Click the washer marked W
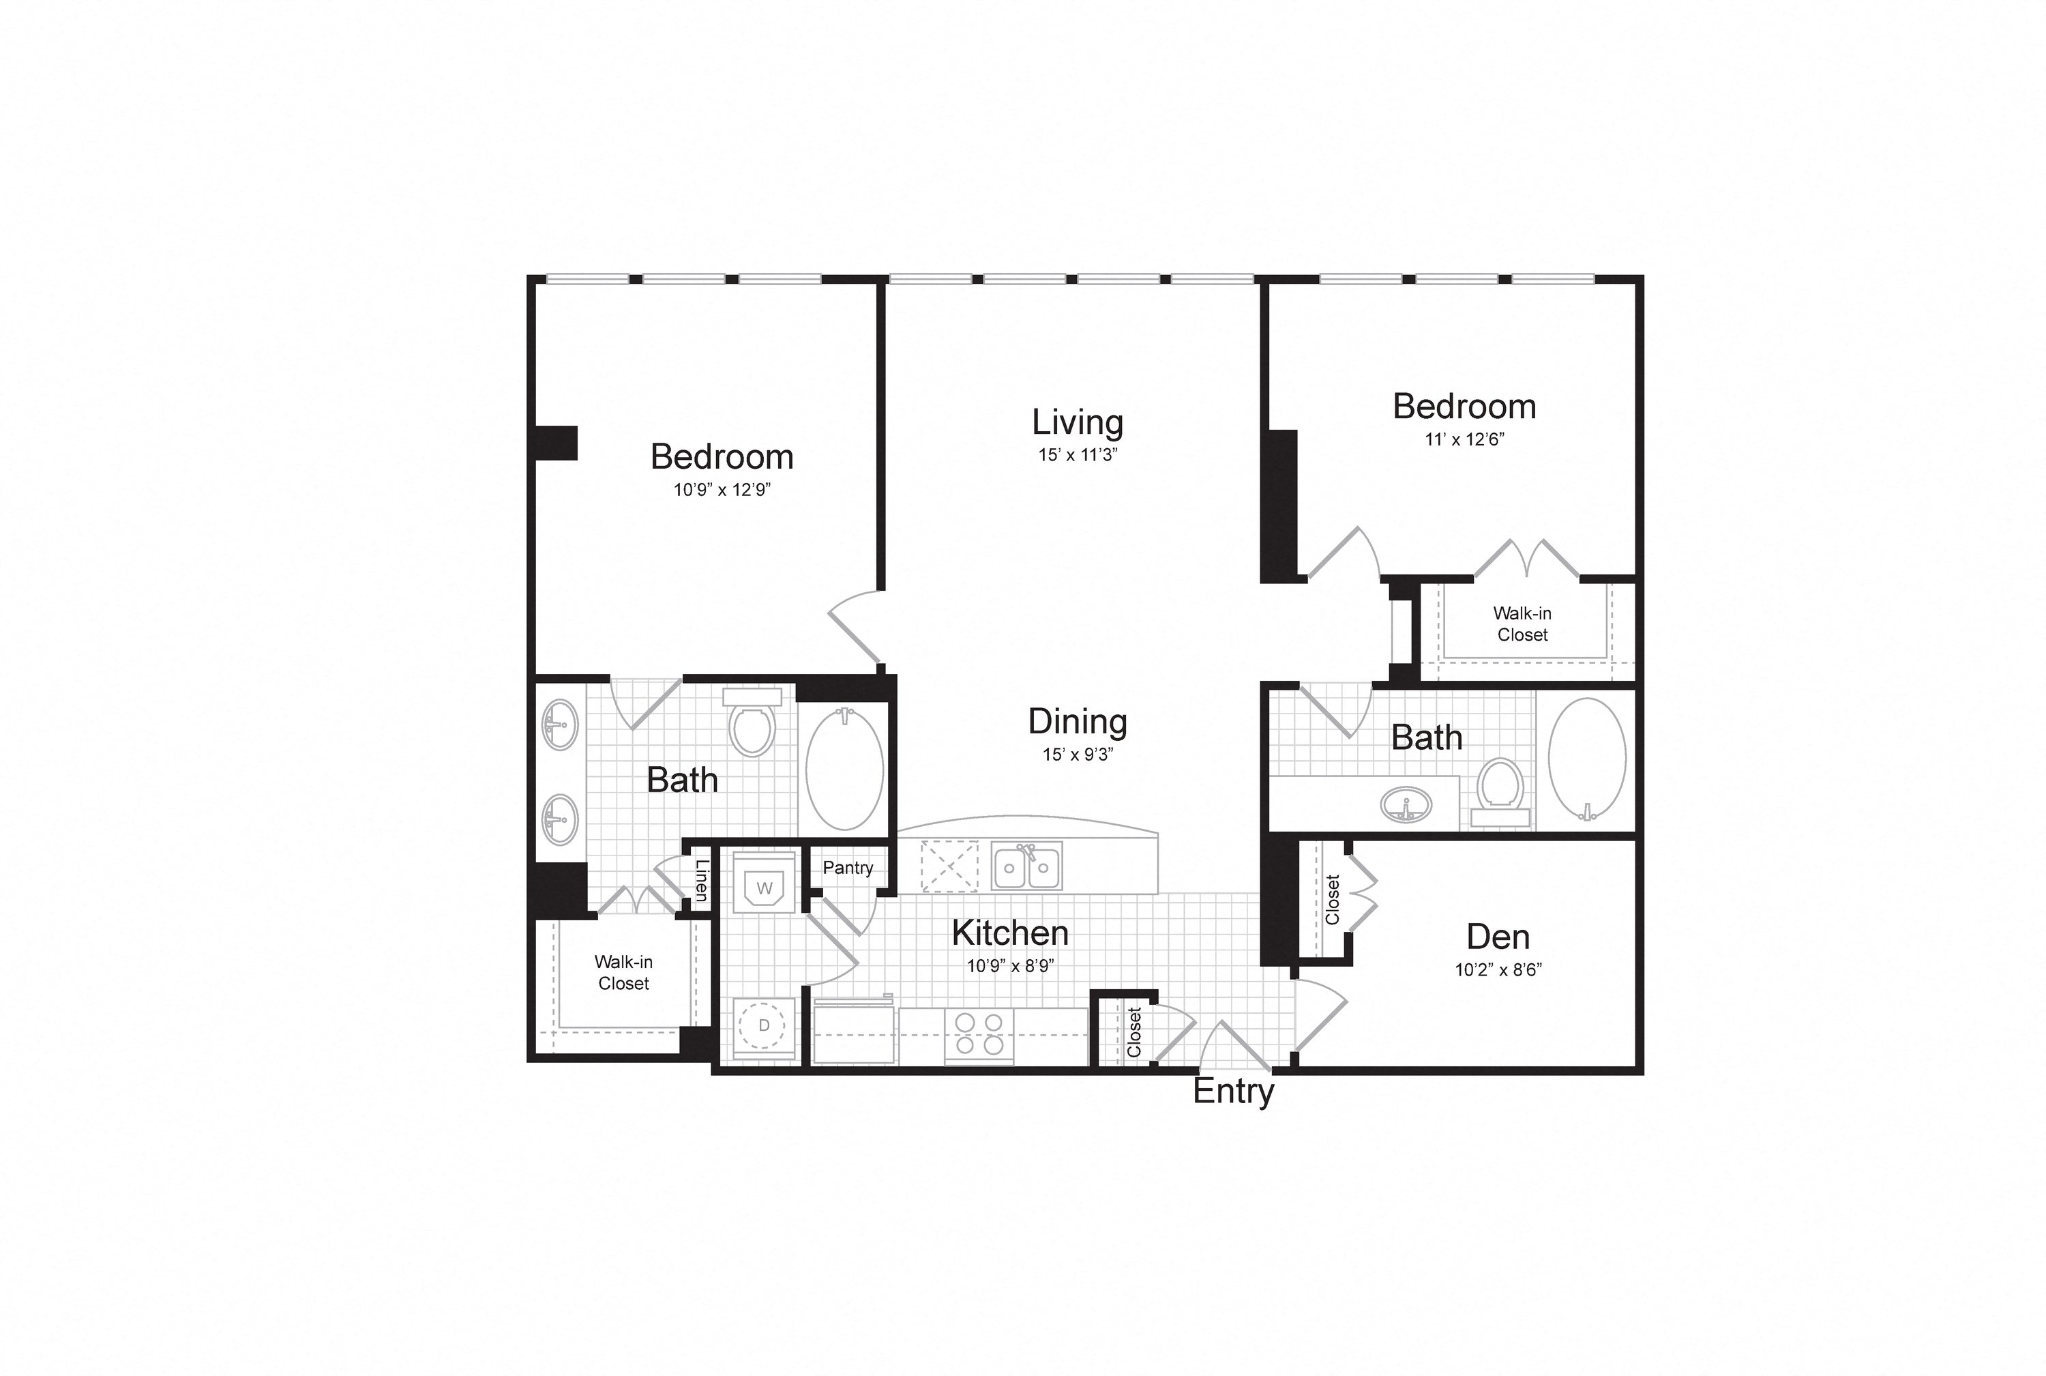pos(764,882)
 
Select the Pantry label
pos(848,868)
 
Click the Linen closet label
pos(701,879)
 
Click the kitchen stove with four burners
pos(979,1036)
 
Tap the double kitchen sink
pos(1027,866)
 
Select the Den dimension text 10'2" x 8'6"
pos(1498,969)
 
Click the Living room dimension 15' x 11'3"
pos(1078,454)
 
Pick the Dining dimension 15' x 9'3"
pos(1078,754)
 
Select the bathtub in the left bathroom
pos(844,769)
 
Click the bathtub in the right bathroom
pos(1587,759)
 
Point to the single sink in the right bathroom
pos(1406,805)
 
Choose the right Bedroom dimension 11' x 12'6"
pos(1464,439)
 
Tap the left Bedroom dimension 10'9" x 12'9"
pos(722,490)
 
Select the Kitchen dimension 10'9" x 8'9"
pos(1010,966)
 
